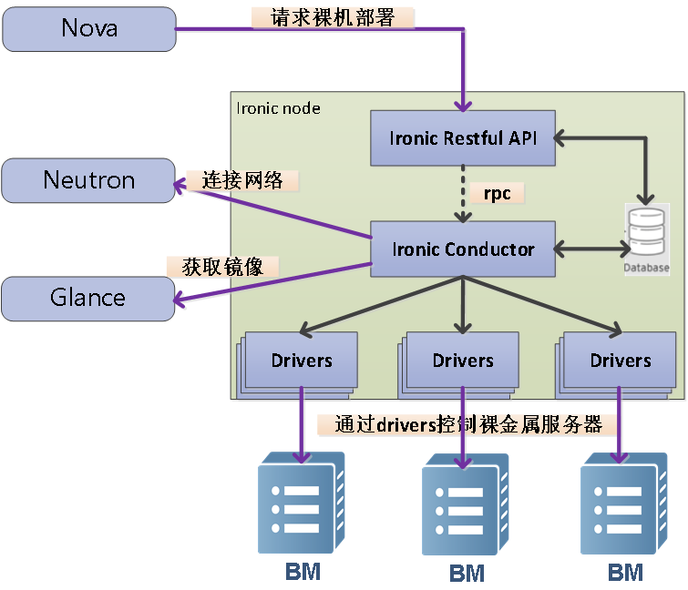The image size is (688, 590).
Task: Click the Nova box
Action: click(x=89, y=27)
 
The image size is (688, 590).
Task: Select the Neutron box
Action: click(x=88, y=180)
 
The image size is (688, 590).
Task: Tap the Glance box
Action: click(x=88, y=298)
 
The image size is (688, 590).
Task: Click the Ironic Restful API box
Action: click(x=463, y=138)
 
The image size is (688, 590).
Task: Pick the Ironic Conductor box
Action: click(x=463, y=249)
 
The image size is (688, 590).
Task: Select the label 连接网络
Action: click(x=241, y=180)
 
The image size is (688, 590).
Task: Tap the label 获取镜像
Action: click(x=222, y=266)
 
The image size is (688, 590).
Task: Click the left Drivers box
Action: click(x=302, y=361)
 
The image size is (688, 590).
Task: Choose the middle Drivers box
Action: click(x=463, y=361)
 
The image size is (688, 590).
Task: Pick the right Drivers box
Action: click(x=621, y=361)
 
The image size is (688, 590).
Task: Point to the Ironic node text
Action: click(x=279, y=108)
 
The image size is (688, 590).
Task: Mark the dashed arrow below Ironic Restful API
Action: click(x=465, y=193)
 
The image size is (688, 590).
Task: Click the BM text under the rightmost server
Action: click(x=625, y=573)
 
